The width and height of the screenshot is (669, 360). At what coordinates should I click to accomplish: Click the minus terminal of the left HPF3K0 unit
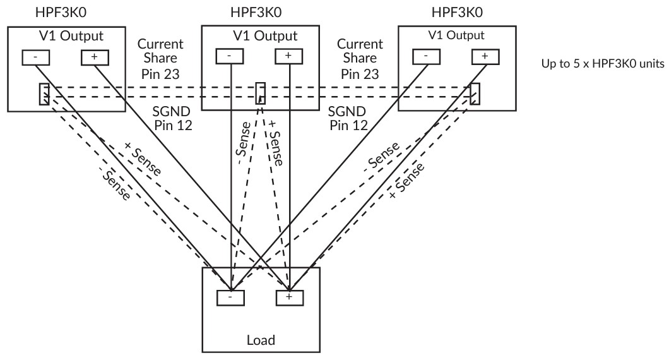[x=35, y=57]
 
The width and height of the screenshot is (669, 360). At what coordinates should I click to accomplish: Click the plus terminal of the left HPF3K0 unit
[x=95, y=57]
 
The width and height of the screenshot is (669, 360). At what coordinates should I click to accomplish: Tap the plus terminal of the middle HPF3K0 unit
[x=288, y=56]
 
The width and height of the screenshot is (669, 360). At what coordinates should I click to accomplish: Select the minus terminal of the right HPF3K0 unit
[x=425, y=57]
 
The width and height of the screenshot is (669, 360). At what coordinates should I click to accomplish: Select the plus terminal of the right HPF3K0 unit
[x=485, y=57]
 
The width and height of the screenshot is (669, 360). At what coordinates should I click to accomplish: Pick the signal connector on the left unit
[x=44, y=94]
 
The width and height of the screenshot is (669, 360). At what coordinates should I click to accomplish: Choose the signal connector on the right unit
[x=475, y=93]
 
